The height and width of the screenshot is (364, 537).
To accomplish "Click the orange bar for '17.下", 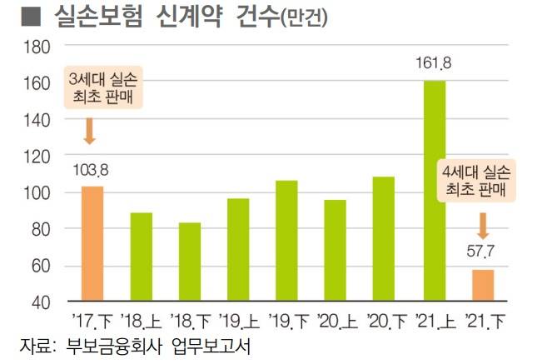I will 92,243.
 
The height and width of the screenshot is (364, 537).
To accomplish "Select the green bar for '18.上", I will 141,257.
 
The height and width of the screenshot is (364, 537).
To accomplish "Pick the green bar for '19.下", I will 286,240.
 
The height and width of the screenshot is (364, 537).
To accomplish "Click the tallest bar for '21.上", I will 435,190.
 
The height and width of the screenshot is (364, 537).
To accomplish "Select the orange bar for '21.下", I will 483,285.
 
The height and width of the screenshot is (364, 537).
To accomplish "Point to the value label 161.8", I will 433,62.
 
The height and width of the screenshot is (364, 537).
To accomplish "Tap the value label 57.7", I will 481,252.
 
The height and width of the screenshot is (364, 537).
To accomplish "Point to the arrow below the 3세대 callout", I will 90,132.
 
